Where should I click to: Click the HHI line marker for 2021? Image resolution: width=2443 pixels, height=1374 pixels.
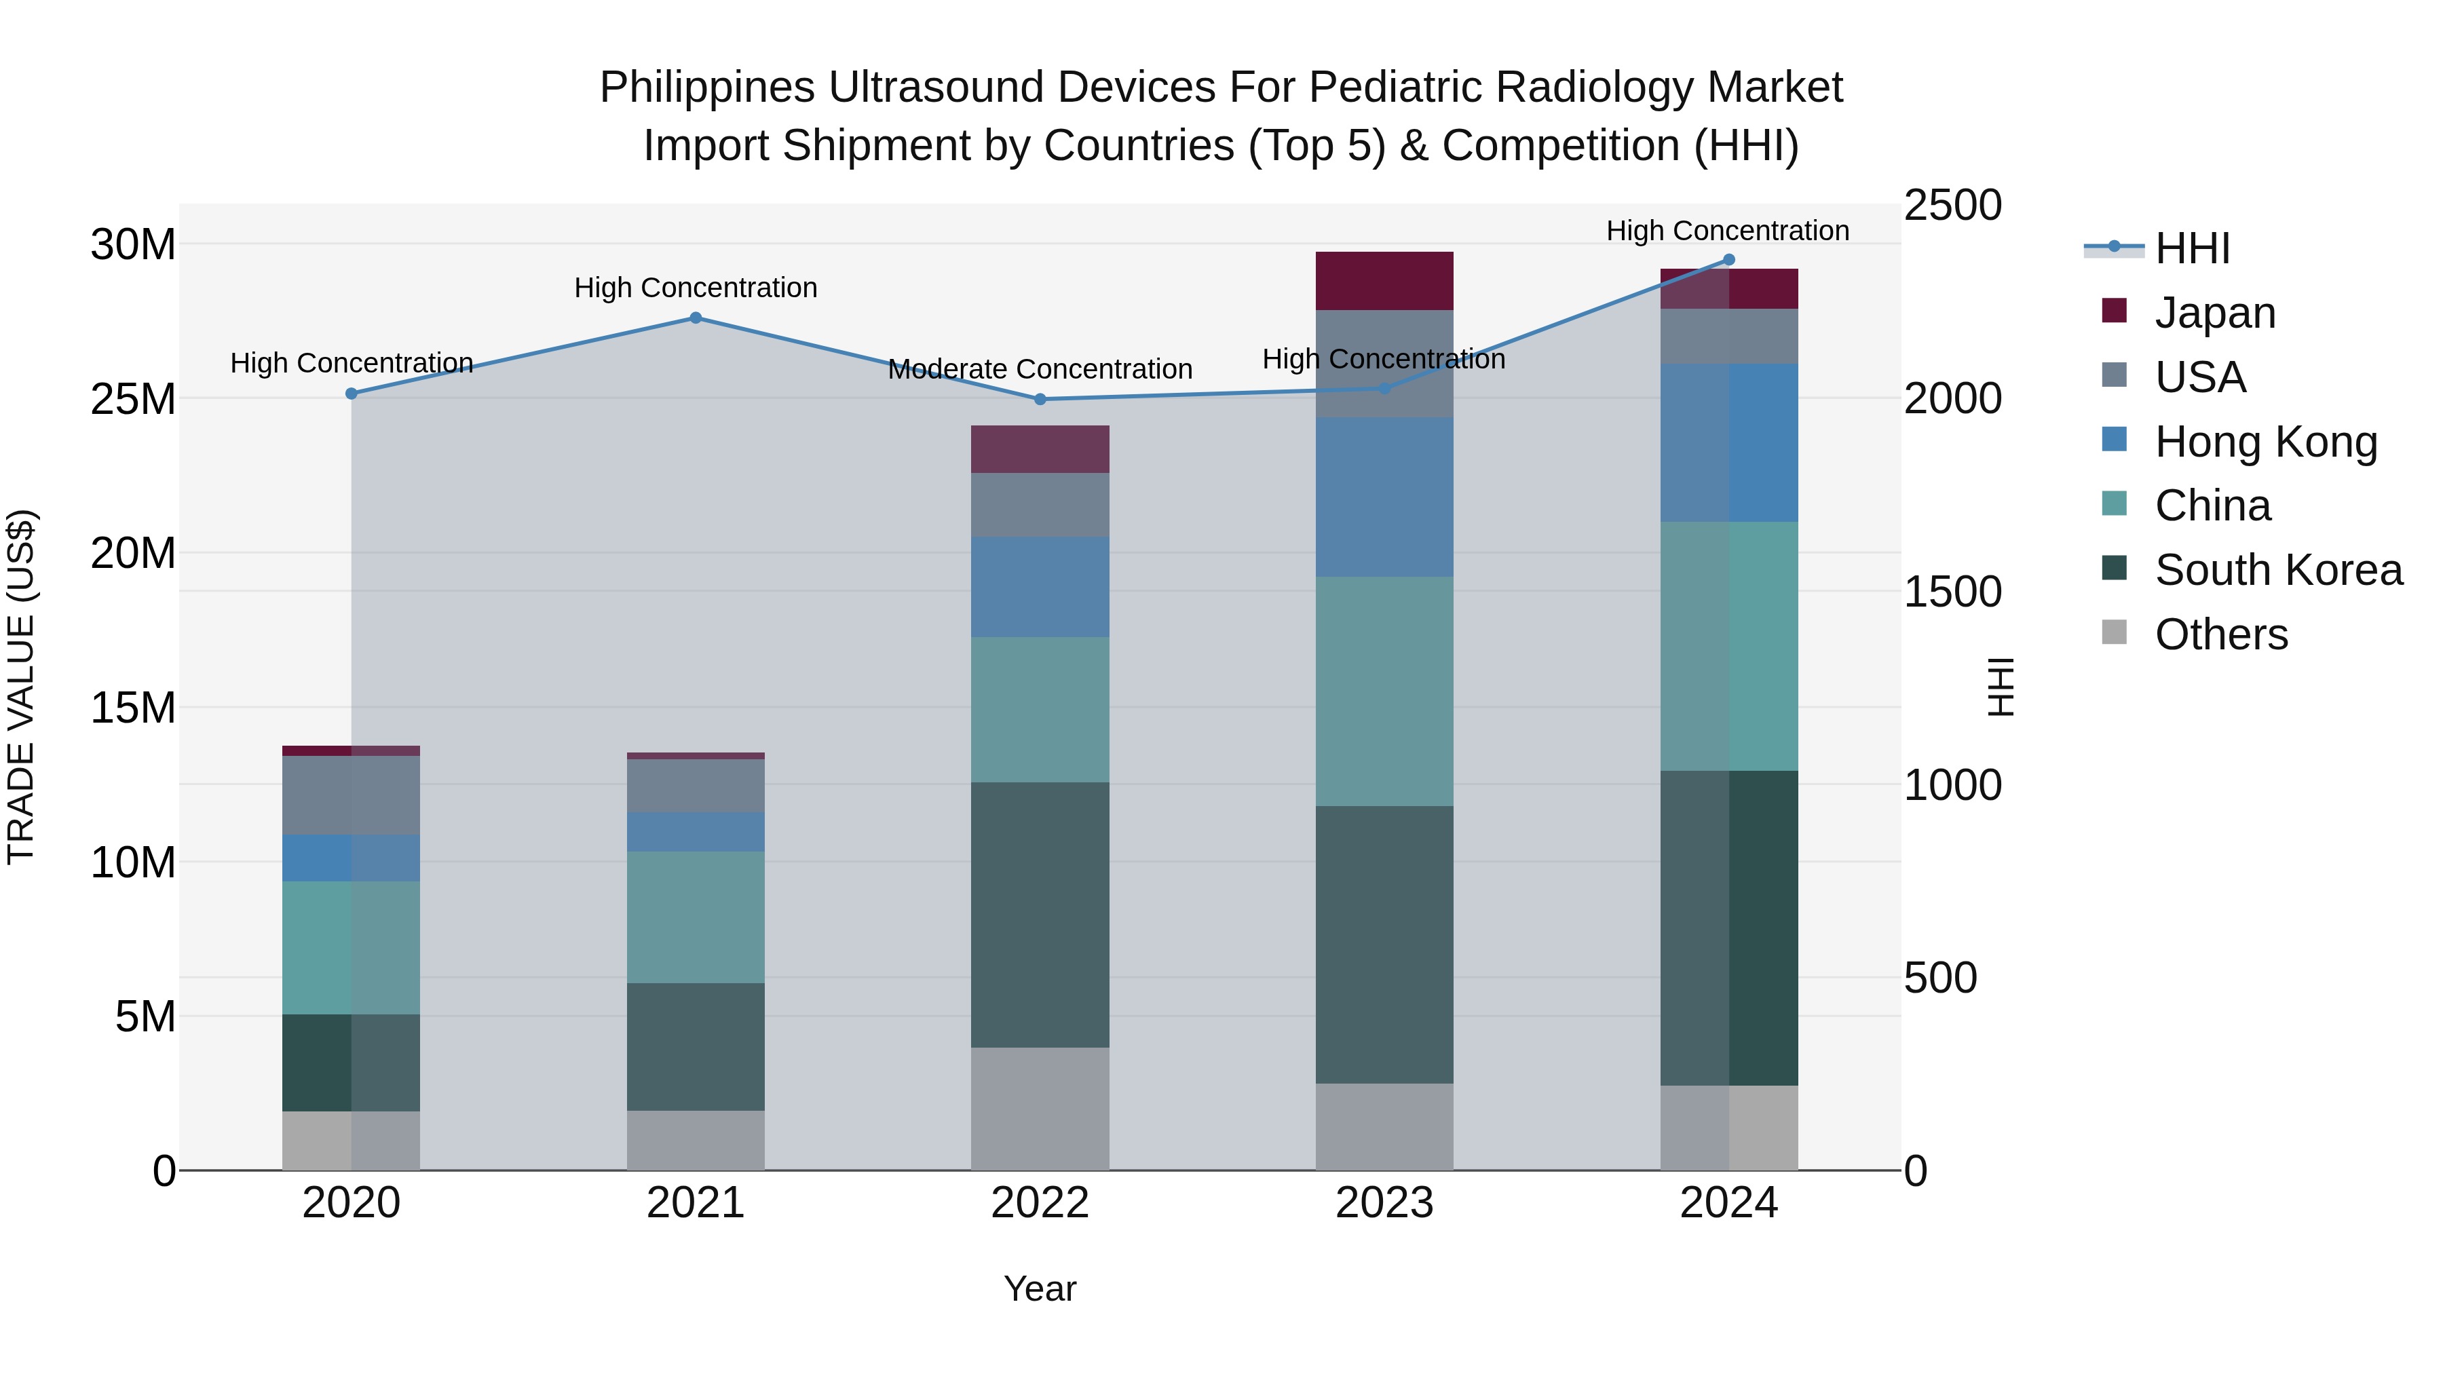695,318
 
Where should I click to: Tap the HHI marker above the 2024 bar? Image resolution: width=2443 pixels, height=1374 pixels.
1728,260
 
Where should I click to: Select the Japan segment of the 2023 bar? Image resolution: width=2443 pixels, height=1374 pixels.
1384,281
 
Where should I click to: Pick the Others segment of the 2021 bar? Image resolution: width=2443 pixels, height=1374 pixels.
695,1140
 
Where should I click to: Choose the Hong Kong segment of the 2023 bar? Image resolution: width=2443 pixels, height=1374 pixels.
1384,497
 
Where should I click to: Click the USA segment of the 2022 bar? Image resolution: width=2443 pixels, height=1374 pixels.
1040,504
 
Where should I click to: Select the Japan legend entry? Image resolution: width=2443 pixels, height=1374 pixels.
2214,312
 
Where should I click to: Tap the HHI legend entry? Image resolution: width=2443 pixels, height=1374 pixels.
2191,248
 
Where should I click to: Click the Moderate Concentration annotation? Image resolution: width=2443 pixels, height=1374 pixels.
1040,369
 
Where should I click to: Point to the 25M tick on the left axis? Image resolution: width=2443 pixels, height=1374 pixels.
133,399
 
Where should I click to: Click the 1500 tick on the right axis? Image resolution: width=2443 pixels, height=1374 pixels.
1952,592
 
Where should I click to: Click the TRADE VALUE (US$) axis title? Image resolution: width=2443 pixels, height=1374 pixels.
21,687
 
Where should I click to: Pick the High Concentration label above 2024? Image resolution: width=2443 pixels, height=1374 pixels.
1727,231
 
